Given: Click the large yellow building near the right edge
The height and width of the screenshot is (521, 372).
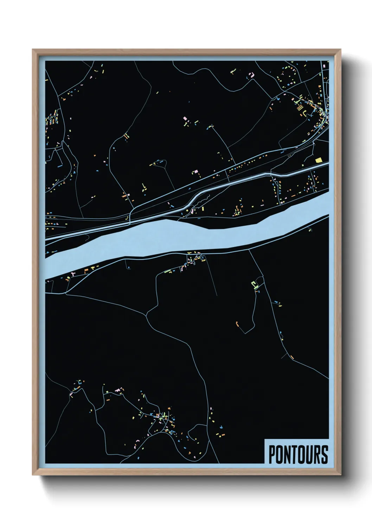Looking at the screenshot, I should (x=319, y=160).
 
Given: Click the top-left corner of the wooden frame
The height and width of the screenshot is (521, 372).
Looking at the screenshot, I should (x=33, y=50).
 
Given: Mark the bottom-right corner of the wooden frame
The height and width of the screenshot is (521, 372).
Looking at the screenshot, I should (x=341, y=475).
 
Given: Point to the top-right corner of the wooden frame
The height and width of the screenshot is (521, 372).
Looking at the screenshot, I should (x=341, y=50).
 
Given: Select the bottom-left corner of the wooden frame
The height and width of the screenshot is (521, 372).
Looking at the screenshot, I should (x=33, y=475).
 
